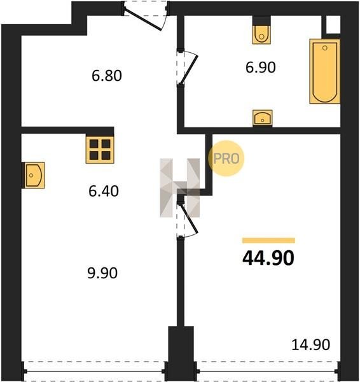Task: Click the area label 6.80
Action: point(107,76)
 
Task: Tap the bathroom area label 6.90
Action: point(260,67)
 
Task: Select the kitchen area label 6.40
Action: point(104,191)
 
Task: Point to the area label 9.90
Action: point(102,273)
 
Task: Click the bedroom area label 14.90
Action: point(311,344)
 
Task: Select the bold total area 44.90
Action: point(268,258)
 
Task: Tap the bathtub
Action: point(325,71)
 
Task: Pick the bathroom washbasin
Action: point(263,118)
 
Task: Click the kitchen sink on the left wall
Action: point(34,175)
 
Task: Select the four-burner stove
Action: point(100,150)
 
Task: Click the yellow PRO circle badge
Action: point(226,159)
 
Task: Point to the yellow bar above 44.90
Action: point(268,241)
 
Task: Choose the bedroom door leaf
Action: point(189,218)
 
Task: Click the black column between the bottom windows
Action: point(181,353)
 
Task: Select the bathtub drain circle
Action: point(325,48)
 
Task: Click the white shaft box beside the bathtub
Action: point(333,25)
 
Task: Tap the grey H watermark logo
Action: point(180,188)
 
